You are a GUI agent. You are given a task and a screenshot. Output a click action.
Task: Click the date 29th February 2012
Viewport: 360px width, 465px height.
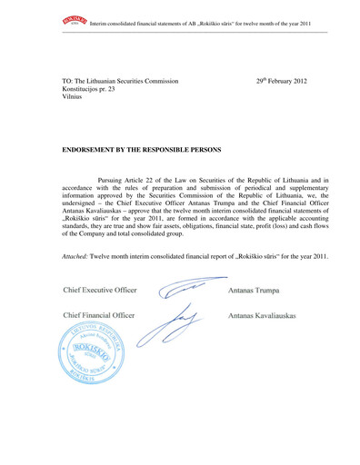[286, 82]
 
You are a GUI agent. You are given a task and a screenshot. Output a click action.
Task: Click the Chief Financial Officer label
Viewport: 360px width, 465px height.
[99, 315]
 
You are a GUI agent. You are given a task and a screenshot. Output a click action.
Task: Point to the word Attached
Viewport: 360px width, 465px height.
[79, 256]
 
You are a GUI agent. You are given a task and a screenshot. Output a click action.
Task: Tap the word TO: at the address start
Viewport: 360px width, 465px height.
[67, 82]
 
